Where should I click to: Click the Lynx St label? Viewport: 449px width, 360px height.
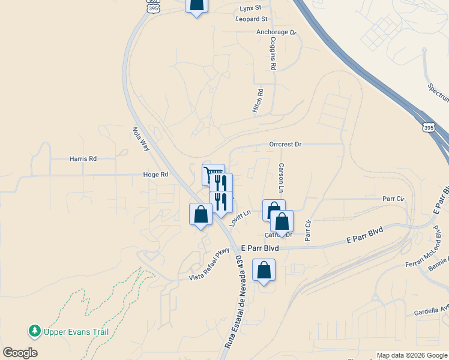tap(250, 8)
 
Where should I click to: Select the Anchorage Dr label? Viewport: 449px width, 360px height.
tap(276, 32)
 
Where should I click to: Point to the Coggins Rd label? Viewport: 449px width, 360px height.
tap(273, 55)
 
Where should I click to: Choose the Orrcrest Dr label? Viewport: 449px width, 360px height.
tap(285, 145)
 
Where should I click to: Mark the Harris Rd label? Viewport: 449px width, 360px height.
tap(83, 159)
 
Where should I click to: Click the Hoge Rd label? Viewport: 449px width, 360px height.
tap(155, 175)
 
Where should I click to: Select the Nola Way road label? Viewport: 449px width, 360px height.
tap(141, 138)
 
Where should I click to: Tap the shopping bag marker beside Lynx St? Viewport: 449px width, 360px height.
tap(196, 5)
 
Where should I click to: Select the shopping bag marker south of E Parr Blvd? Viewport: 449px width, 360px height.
tap(264, 271)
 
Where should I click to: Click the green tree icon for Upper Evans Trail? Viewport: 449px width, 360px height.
tap(35, 331)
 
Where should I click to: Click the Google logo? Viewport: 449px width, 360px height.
tap(20, 353)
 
